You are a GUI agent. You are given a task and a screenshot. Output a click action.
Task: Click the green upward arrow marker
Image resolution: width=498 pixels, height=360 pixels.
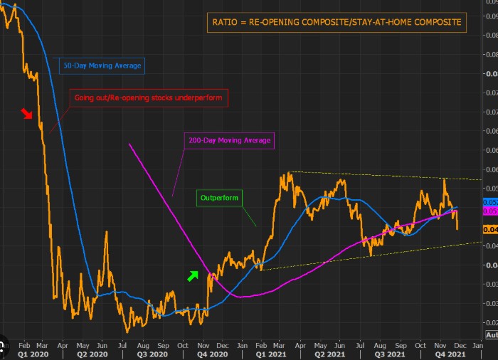(x=193, y=275)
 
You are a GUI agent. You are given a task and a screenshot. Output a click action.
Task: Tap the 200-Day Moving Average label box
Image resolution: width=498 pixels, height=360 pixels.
(x=230, y=141)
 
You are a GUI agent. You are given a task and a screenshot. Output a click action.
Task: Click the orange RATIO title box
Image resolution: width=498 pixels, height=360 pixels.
(x=338, y=22)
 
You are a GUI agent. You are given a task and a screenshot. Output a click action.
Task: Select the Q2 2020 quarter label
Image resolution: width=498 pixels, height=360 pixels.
(x=92, y=353)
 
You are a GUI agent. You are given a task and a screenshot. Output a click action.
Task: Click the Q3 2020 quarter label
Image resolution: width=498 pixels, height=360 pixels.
(x=152, y=353)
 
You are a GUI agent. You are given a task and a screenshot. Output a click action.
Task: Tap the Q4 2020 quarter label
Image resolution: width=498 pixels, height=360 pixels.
(x=213, y=353)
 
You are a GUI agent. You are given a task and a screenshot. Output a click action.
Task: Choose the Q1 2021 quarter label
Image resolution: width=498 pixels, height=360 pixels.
(x=272, y=353)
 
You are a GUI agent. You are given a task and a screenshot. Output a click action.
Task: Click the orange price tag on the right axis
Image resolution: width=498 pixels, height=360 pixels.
(x=490, y=229)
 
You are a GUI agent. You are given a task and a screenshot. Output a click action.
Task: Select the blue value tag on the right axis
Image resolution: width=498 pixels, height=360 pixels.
(x=490, y=202)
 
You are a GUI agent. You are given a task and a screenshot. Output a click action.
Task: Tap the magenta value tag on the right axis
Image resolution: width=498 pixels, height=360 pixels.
(x=490, y=211)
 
